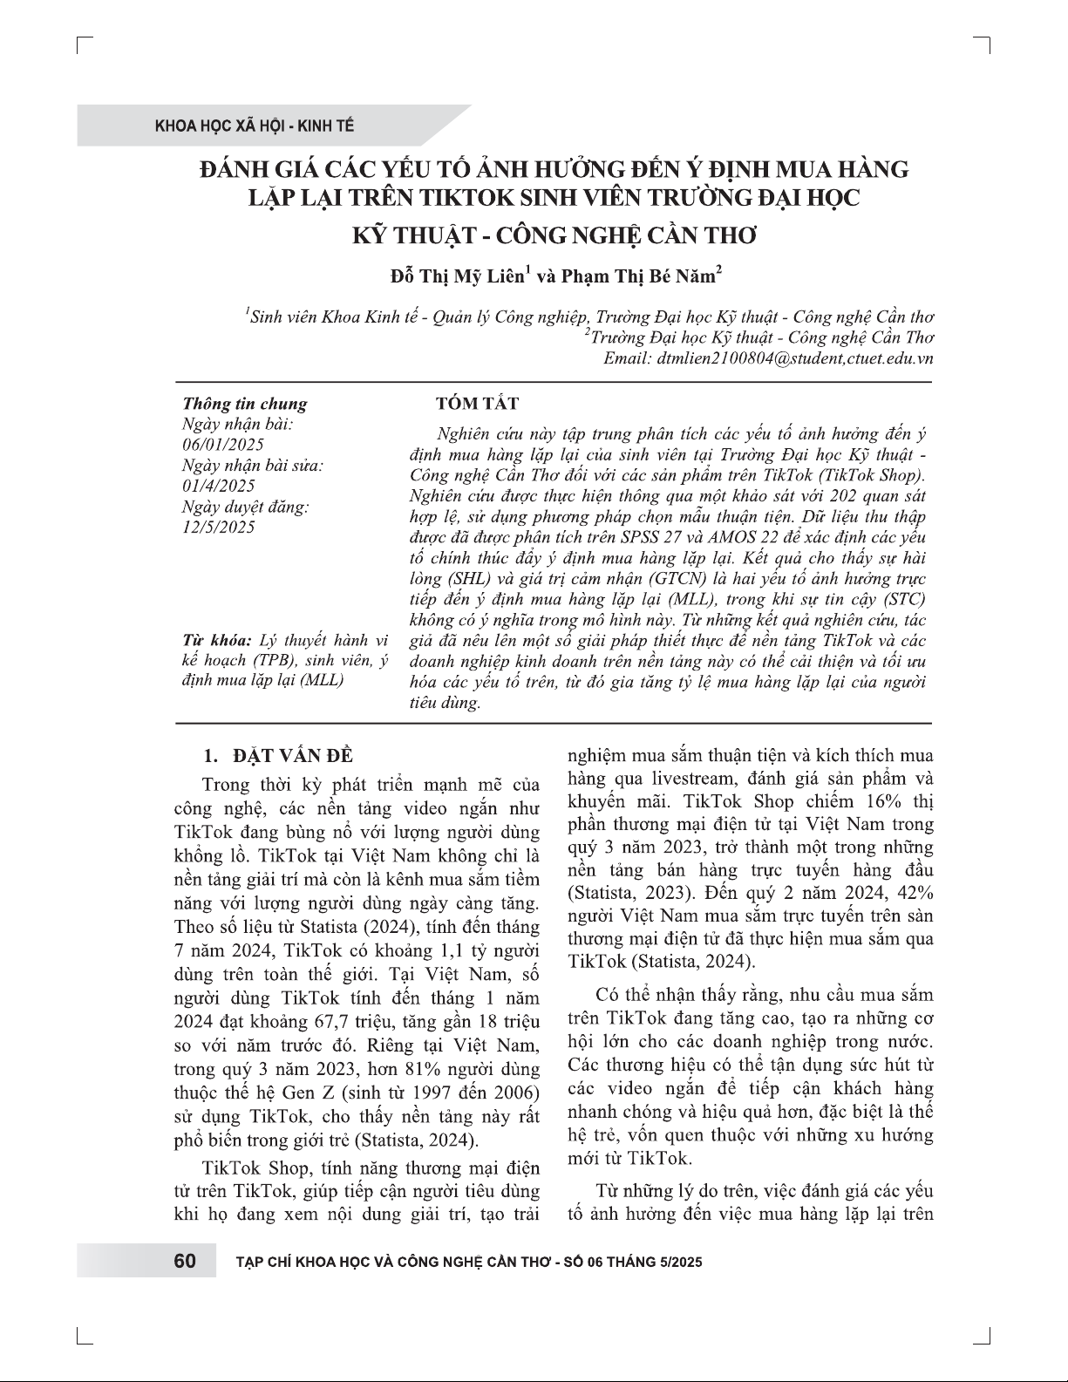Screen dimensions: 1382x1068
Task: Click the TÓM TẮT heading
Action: (x=477, y=403)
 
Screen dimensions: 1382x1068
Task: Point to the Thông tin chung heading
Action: (x=244, y=404)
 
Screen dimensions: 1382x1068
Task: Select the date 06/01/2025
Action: (x=217, y=445)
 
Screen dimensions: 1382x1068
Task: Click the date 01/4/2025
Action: (x=218, y=486)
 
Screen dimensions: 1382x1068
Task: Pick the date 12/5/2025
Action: (x=218, y=528)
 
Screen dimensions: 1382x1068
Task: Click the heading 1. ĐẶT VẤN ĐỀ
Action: (x=277, y=755)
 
